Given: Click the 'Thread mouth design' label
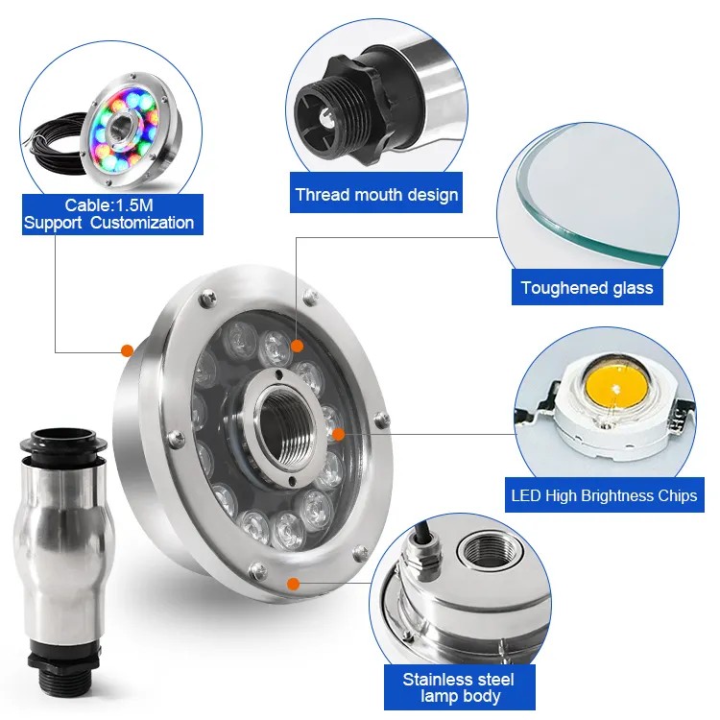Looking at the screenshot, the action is coord(376,194).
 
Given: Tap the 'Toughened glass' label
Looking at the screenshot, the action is coord(587,287).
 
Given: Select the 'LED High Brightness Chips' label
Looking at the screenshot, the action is coord(604,495).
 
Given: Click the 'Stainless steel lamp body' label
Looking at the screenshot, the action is coord(459,687).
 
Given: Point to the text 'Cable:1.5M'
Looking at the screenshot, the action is coord(108,204).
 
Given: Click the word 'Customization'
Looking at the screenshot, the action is coord(142,223).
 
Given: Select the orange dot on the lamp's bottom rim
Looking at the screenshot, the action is coord(293,584).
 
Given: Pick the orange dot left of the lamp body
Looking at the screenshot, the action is coord(127,350).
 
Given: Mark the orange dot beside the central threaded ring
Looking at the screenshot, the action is coord(338,434).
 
